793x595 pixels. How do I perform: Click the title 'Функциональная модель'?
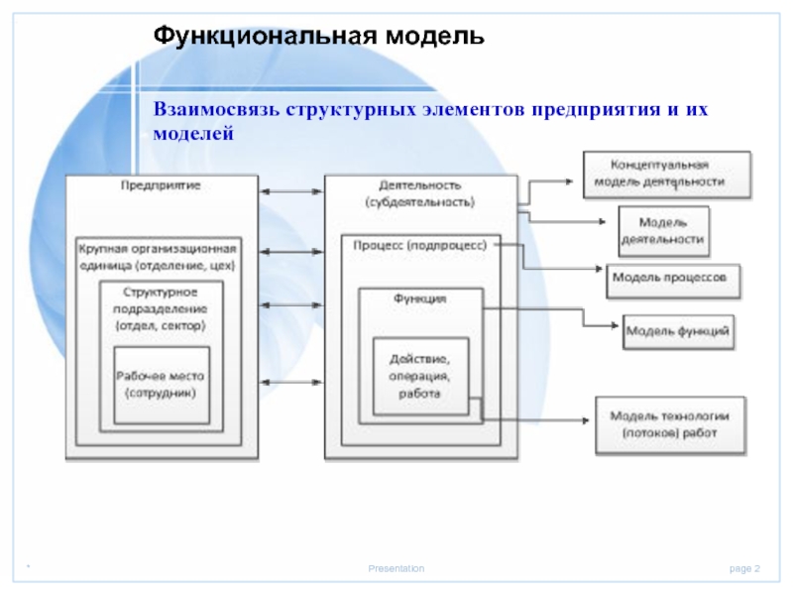318,38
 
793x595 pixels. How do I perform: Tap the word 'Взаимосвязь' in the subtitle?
216,107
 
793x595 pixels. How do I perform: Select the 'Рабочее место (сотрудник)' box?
162,385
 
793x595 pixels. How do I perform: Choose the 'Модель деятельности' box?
663,231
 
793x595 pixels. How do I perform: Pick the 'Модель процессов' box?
674,279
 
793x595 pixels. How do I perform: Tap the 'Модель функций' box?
679,330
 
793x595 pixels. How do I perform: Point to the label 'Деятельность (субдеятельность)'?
420,193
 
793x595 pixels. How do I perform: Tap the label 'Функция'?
420,297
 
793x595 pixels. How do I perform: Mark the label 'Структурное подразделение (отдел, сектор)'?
162,308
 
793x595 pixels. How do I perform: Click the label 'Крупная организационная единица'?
162,256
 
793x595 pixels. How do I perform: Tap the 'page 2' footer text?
744,568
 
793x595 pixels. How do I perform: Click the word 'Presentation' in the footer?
396,568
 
